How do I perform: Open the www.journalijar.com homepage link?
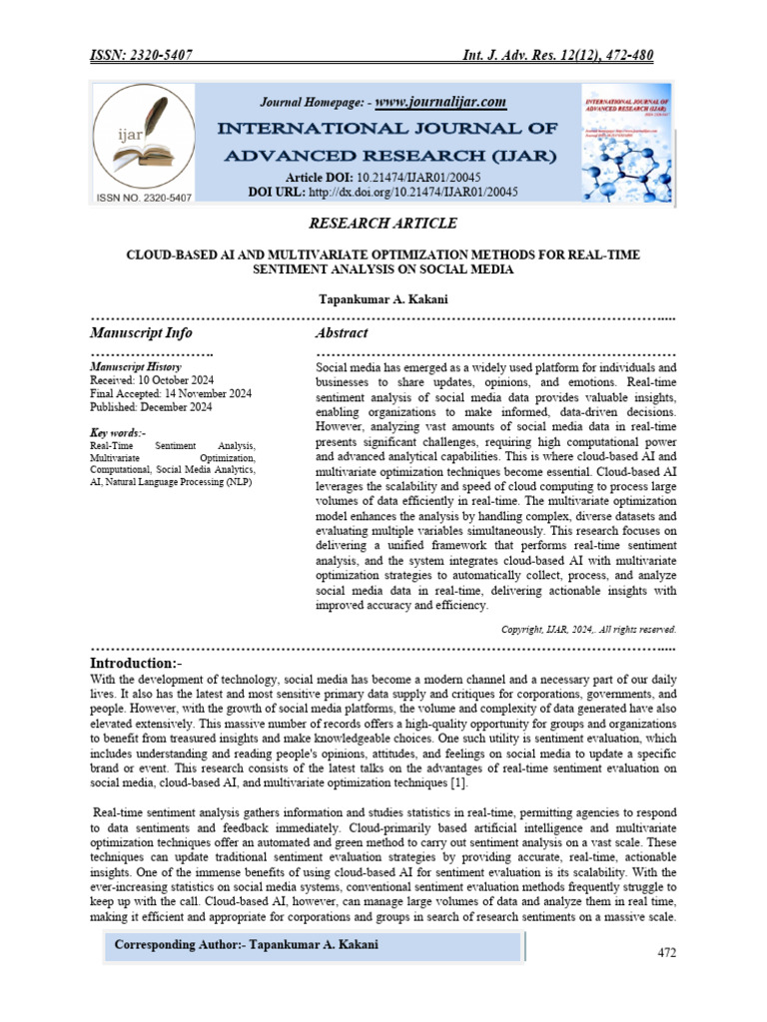(441, 102)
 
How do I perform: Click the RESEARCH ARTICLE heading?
(383, 223)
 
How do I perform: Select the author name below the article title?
(383, 298)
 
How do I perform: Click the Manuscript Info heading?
(141, 332)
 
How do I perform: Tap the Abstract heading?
(342, 332)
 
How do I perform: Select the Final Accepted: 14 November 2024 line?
(171, 393)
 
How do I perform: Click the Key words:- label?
(118, 432)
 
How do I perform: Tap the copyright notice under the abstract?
(588, 630)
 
